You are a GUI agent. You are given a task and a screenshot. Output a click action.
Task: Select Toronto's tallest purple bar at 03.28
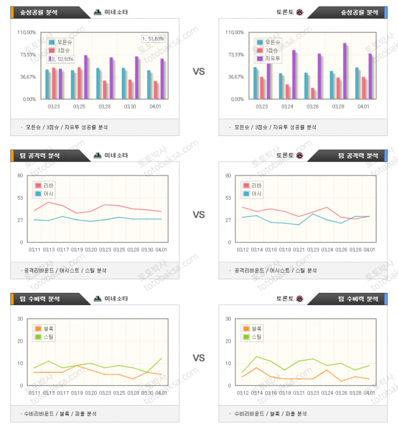[x=345, y=70]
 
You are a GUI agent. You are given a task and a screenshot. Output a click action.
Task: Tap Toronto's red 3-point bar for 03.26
[x=313, y=93]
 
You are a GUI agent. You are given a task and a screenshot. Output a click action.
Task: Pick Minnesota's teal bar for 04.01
[x=149, y=85]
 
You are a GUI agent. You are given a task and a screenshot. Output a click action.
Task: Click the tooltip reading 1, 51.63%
[x=153, y=39]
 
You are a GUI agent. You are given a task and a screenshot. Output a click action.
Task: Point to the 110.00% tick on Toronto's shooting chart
[x=235, y=32]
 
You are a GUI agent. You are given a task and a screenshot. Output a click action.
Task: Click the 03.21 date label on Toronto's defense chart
[x=299, y=393]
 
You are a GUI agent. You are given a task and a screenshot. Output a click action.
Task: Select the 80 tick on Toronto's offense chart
[x=228, y=176]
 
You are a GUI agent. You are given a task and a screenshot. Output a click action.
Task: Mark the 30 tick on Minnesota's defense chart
[x=20, y=319]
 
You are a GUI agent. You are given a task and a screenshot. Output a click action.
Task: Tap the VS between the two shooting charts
[x=198, y=72]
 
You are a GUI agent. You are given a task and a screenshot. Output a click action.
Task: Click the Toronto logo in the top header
[x=299, y=12]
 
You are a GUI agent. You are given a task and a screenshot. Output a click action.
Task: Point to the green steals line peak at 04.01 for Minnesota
[x=160, y=358]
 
